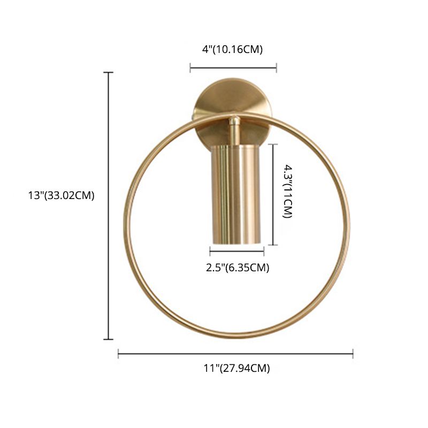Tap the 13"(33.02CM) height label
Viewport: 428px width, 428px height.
click(62, 195)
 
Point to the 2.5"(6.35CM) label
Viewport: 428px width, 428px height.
click(238, 267)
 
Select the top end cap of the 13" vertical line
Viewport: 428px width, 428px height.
click(109, 72)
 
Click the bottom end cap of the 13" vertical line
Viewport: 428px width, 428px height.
click(109, 339)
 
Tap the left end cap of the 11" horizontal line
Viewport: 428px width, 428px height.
click(118, 353)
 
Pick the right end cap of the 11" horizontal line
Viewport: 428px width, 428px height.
click(353, 353)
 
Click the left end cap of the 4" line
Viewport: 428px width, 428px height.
click(190, 67)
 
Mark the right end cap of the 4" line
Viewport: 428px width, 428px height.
click(277, 67)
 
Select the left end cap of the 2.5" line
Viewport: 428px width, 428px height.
click(210, 250)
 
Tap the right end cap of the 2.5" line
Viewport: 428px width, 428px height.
click(264, 250)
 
